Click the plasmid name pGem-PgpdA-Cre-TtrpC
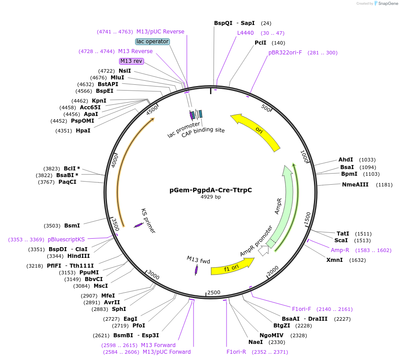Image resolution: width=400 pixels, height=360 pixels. click(210, 190)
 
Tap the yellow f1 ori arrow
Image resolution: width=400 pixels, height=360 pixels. click(232, 268)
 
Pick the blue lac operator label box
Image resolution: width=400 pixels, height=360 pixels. click(153, 41)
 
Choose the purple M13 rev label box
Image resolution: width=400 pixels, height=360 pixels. click(131, 61)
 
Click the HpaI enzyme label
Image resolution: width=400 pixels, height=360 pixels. click(83, 131)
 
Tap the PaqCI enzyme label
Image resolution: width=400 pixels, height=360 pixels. click(67, 182)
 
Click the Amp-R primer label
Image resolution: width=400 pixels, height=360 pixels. click(340, 250)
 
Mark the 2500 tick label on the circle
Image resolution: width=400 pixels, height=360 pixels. click(214, 292)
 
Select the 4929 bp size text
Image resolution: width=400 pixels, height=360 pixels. click(210, 197)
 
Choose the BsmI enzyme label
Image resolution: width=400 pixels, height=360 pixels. click(72, 226)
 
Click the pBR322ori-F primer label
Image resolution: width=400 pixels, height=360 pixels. click(285, 53)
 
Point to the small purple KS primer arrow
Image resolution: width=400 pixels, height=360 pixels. click(139, 225)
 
